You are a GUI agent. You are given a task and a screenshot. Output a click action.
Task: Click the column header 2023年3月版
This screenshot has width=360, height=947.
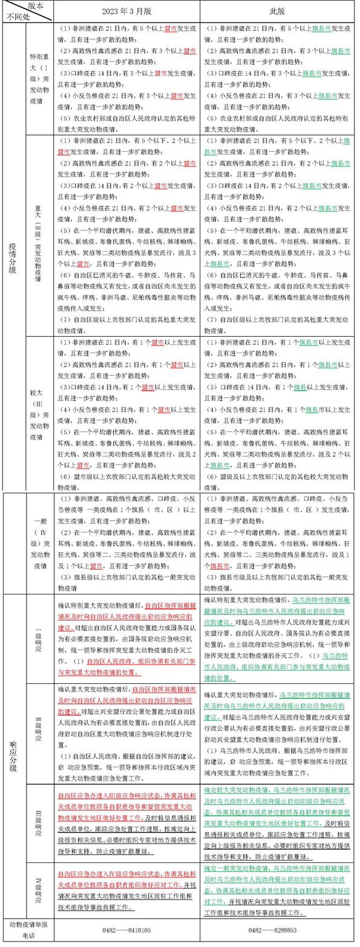tap(126, 11)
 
